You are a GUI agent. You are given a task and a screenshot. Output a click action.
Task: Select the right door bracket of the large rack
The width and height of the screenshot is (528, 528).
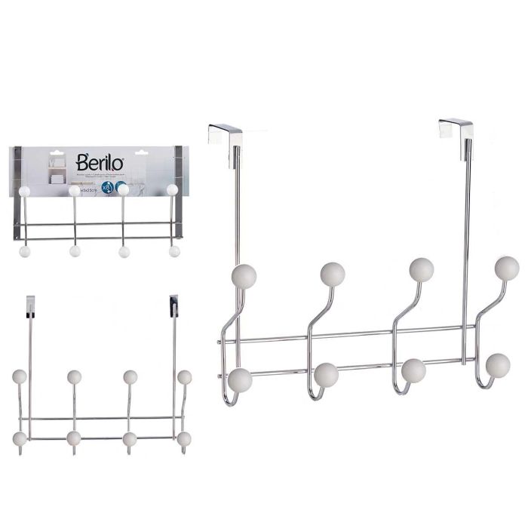click(456, 129)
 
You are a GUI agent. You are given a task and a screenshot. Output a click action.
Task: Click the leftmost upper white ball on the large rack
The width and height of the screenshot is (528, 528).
click(244, 276)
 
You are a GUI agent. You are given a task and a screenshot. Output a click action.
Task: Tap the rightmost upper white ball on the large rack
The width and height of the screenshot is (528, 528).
click(507, 268)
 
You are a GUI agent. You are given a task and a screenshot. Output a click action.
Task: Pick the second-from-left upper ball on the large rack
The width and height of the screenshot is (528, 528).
click(332, 274)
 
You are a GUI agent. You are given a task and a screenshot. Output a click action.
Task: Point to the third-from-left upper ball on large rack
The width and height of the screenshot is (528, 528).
click(421, 269)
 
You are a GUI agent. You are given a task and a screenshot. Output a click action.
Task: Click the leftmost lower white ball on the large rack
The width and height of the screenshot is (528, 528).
click(240, 379)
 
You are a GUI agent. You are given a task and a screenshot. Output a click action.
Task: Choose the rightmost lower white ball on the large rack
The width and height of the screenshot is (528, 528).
click(498, 366)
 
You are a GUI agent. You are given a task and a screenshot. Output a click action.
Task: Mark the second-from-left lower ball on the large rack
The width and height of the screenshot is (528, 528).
click(327, 375)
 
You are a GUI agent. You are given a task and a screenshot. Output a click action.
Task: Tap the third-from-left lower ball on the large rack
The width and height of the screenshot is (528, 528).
click(413, 370)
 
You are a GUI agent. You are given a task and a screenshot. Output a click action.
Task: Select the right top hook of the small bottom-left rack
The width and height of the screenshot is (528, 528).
click(174, 305)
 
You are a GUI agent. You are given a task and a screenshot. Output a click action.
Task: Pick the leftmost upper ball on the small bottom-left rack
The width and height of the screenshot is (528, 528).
click(20, 376)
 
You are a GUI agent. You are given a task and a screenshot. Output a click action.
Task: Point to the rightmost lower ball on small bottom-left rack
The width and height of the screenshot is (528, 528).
click(184, 439)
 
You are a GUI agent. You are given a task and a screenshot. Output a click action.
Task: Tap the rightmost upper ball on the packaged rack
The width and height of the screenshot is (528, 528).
click(172, 190)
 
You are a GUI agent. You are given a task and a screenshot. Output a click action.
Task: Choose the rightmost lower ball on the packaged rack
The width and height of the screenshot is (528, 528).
click(174, 251)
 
